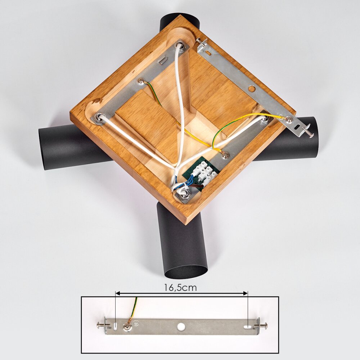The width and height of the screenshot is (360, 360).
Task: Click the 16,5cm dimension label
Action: point(180,287)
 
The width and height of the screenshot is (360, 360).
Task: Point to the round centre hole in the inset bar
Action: point(181,327)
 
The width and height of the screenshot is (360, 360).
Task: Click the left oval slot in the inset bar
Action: point(115,325)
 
